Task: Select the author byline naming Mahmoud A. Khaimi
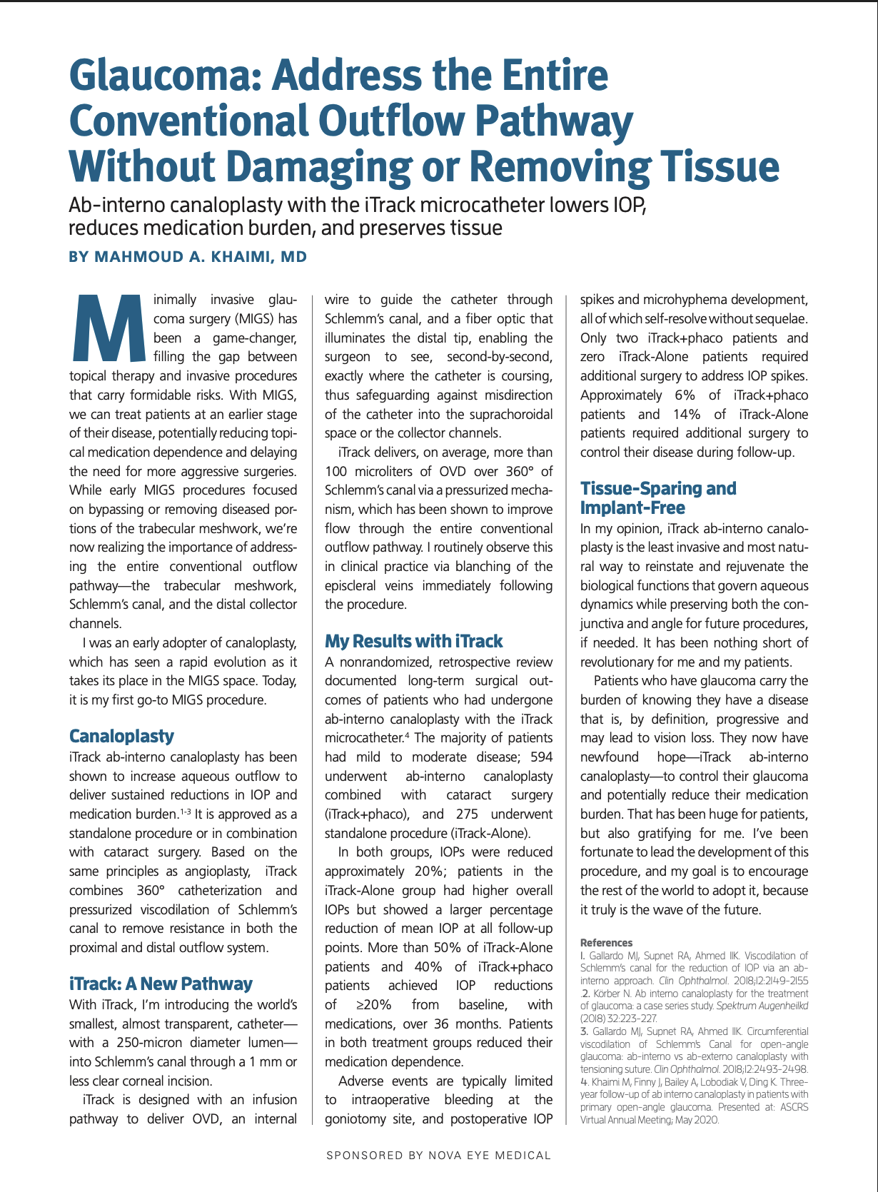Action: coord(188,257)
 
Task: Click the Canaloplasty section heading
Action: coord(121,736)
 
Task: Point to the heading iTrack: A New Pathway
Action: coord(161,984)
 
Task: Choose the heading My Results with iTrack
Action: coord(413,641)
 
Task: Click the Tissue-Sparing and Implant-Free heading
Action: coord(657,498)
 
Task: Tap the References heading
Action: coord(606,943)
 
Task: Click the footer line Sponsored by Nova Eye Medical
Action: coord(438,1155)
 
